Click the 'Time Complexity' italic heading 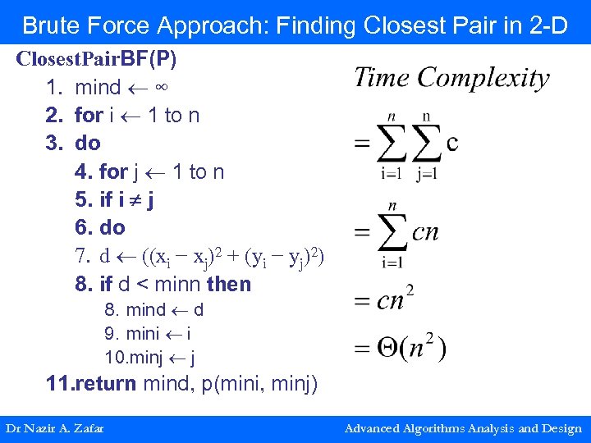[451, 79]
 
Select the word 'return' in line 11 [105, 383]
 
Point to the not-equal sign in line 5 [134, 199]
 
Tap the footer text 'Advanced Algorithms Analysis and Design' [463, 428]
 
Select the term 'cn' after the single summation [425, 232]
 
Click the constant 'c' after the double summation [451, 142]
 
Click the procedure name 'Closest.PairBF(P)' [97, 59]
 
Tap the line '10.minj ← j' [149, 358]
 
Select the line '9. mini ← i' [148, 334]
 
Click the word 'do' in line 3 [88, 143]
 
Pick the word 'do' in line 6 [112, 227]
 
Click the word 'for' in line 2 [89, 115]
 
